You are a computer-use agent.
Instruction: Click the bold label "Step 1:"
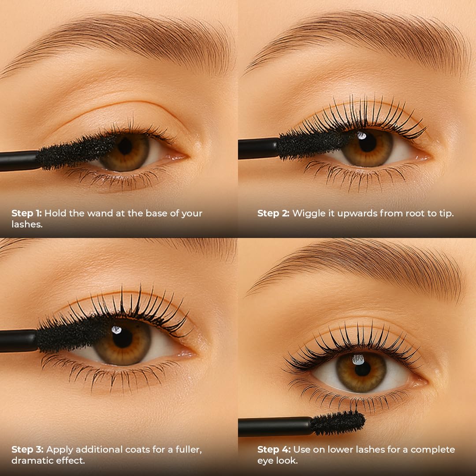(26, 213)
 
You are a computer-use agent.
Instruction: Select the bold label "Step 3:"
(27, 450)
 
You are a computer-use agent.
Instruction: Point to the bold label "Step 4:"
(274, 450)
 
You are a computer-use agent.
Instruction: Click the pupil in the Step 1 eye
(125, 145)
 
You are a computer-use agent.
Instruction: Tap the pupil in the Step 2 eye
(367, 142)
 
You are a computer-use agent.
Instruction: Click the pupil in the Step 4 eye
(362, 368)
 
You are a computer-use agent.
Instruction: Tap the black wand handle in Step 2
(258, 148)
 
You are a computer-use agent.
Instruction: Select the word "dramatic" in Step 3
(30, 460)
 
